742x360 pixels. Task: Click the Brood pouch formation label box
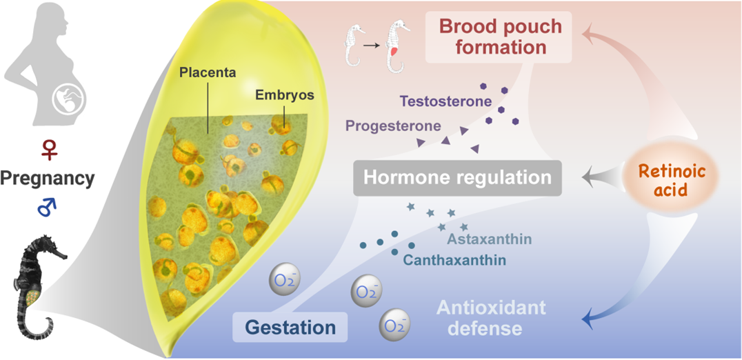pyautogui.click(x=501, y=38)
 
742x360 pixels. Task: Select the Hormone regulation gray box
pyautogui.click(x=457, y=177)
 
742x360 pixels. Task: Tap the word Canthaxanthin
pyautogui.click(x=456, y=261)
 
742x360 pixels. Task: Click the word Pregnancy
pyautogui.click(x=46, y=179)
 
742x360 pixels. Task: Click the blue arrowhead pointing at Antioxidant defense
pyautogui.click(x=588, y=319)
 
